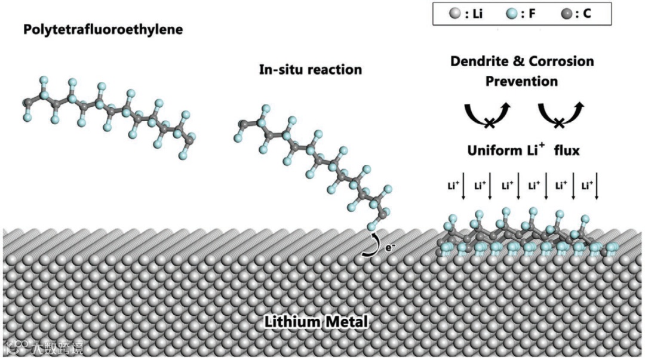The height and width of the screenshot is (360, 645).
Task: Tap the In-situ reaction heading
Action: point(310,69)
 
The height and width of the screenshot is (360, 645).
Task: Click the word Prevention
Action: point(521,81)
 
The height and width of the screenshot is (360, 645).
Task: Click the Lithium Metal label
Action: point(316,323)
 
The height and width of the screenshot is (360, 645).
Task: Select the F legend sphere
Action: point(509,13)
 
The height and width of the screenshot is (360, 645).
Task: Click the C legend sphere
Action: point(566,13)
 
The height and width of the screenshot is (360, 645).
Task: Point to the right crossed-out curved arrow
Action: point(560,115)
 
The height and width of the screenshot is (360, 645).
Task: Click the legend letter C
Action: point(586,13)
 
